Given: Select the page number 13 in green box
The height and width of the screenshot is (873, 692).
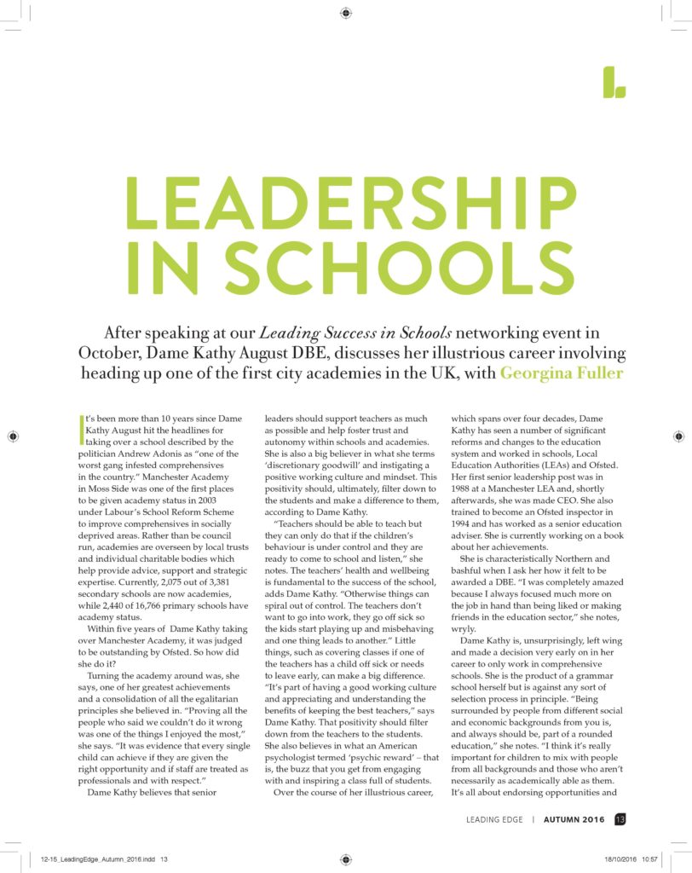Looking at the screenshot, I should (x=620, y=820).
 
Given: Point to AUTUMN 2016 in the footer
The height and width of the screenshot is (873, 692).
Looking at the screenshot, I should (x=574, y=820).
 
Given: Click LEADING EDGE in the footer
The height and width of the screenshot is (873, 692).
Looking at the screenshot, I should (x=494, y=820).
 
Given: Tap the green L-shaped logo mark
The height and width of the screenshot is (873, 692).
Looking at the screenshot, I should (x=614, y=81).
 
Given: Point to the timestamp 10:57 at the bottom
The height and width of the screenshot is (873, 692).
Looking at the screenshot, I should (x=649, y=859).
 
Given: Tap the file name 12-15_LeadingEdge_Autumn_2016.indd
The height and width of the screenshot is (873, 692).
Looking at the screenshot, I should (x=94, y=859).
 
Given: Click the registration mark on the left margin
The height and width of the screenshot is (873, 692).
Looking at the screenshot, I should (x=13, y=436).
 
